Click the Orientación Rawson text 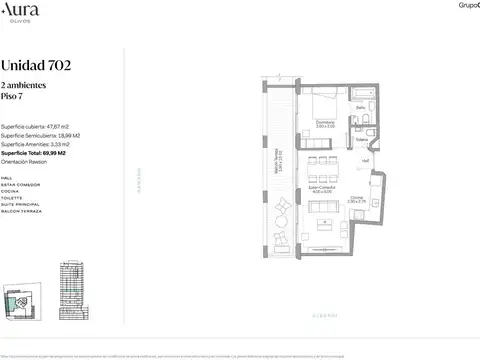[x=31, y=163]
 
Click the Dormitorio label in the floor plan [x=324, y=123]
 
